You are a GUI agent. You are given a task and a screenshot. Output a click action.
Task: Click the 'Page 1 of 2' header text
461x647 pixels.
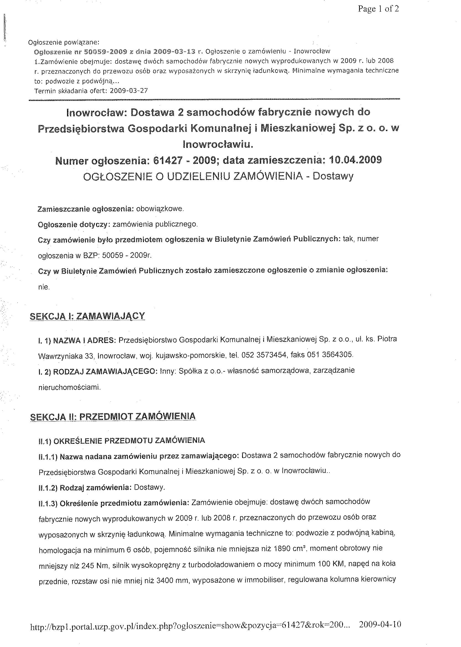tap(378, 9)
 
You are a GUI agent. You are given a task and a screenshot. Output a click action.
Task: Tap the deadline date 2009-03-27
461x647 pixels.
tap(129, 91)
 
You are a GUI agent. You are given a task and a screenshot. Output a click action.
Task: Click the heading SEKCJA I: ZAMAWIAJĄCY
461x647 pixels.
tap(88, 316)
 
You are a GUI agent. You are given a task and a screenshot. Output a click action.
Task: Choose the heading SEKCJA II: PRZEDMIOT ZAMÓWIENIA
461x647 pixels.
tap(113, 416)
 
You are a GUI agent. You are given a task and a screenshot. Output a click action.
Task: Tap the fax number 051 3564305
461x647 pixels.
tap(326, 355)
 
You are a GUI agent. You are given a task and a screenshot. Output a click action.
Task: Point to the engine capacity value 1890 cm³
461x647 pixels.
tap(290, 548)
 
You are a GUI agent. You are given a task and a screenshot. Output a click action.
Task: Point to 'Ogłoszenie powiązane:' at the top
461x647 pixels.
tap(64, 43)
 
